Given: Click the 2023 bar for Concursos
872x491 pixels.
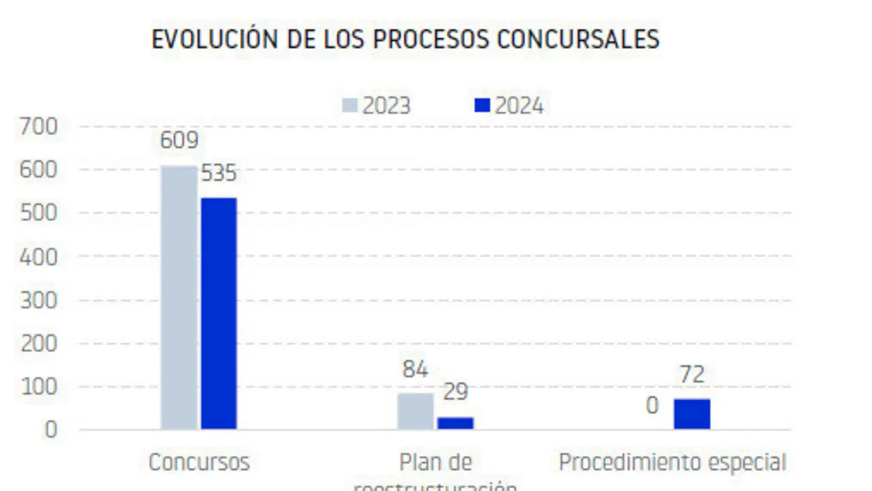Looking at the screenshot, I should [x=179, y=297].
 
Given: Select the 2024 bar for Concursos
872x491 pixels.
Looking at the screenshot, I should [x=219, y=314].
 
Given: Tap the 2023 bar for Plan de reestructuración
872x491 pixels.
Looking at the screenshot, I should [x=416, y=411].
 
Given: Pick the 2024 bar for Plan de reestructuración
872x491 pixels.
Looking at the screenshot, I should [x=455, y=423].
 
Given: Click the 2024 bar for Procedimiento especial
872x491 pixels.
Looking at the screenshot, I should [x=692, y=414].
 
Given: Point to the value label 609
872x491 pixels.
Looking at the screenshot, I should [x=179, y=140].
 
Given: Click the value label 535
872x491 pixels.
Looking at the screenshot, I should [x=219, y=173].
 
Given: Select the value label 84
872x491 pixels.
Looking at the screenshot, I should [x=415, y=370].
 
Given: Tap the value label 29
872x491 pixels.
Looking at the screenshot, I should [x=455, y=392].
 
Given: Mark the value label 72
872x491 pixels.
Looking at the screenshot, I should [x=691, y=374].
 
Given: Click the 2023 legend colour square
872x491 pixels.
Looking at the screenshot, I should [x=349, y=106].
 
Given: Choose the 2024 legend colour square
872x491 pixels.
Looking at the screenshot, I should [x=482, y=106].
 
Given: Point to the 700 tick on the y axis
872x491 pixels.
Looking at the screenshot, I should [x=39, y=126].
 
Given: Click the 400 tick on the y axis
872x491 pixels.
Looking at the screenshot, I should [x=39, y=256].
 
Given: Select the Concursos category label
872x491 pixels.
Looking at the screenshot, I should [x=199, y=462].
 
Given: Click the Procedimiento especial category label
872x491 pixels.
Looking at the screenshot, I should [x=672, y=462].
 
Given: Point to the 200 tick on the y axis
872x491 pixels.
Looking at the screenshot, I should [x=39, y=343].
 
